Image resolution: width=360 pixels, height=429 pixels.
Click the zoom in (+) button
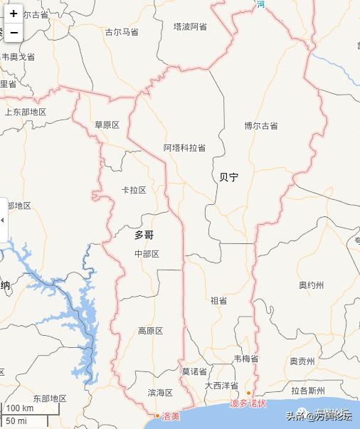coord(14,14)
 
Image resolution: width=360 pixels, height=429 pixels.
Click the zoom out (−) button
coord(14,32)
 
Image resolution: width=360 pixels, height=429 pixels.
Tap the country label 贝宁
coord(229,177)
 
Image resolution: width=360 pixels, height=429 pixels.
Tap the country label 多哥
coord(144,234)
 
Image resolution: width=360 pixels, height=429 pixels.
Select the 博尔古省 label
coord(261,126)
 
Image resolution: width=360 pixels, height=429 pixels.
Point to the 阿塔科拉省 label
coord(184,148)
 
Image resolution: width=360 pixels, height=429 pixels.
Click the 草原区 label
coord(107,125)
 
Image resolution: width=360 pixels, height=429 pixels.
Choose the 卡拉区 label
coord(134,190)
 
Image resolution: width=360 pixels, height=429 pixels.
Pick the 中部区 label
coord(147,254)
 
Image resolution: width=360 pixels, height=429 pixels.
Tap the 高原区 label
coord(150,331)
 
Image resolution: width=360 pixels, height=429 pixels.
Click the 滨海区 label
coord(160,393)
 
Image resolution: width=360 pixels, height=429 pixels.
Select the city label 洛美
coord(171,416)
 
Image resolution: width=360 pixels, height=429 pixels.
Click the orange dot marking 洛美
coord(157,415)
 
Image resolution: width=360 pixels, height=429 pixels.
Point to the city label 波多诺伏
coord(248,403)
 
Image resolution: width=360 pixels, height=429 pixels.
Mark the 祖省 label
coord(218,300)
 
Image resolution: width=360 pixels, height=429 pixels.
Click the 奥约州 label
coord(311,285)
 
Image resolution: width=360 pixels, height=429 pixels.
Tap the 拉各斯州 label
coord(308,391)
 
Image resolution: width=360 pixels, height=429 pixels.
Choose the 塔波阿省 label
coord(190,26)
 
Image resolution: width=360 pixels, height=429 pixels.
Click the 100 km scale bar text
coord(20,408)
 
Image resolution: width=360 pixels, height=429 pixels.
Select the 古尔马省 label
coord(122,32)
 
